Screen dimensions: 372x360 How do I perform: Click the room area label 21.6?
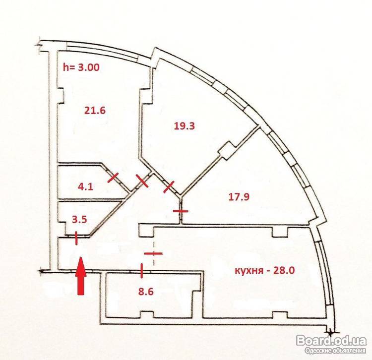pos(95,111)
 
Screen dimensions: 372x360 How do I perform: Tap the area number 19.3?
pos(185,125)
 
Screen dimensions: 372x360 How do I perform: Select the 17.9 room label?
pos(239,197)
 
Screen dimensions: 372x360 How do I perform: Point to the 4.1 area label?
pos(85,187)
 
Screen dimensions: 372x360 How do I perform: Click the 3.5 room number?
pos(79,219)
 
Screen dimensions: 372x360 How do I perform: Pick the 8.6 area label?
pos(146,292)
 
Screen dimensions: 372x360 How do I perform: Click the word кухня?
pos(249,271)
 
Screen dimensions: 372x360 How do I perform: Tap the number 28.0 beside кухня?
pos(284,270)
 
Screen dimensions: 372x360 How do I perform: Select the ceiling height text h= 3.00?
pos(81,67)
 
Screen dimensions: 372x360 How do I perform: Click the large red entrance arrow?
pos(81,276)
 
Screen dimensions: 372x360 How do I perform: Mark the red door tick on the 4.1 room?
pos(113,178)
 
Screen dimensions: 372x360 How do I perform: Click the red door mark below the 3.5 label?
pos(76,238)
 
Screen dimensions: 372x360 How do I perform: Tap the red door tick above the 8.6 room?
pos(142,271)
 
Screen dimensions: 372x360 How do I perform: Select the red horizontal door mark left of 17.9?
pos(181,211)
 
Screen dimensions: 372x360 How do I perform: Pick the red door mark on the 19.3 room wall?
pos(169,187)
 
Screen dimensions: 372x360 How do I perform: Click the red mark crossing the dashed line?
pos(153,253)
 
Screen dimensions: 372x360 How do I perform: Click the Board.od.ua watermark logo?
pos(331,341)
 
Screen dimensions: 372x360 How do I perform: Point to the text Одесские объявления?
pos(335,351)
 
